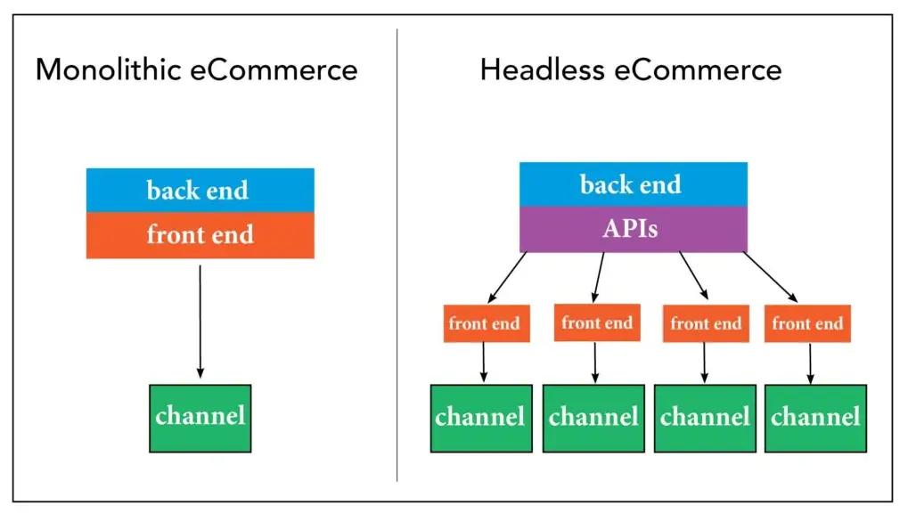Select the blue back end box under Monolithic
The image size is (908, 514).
click(200, 190)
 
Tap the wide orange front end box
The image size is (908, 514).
click(200, 235)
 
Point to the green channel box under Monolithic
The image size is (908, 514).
click(200, 418)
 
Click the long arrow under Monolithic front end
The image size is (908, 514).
click(200, 321)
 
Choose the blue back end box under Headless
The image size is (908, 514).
click(633, 184)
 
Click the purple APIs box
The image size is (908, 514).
click(633, 229)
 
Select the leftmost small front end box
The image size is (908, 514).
click(486, 324)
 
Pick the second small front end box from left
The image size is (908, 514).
click(597, 322)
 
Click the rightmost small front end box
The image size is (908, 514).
click(808, 324)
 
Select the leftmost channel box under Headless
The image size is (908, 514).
click(481, 418)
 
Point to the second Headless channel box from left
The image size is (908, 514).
click(593, 418)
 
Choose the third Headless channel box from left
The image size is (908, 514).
click(705, 418)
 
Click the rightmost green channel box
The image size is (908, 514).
click(815, 418)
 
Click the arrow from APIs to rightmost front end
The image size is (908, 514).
click(770, 276)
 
